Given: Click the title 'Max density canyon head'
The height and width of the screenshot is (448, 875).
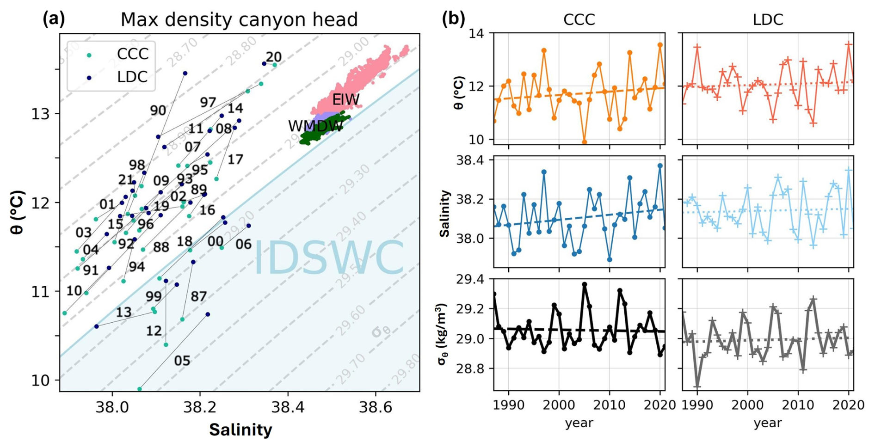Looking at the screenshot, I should [x=239, y=20].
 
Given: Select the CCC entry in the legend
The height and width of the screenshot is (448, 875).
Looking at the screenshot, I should [x=132, y=54].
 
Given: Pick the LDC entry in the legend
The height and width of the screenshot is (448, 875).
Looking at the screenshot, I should [x=132, y=77].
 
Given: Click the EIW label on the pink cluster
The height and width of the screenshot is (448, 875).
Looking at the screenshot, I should [x=345, y=100].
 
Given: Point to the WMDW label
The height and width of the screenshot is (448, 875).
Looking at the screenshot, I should [x=315, y=126].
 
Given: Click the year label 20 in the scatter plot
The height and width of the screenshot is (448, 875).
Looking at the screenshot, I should [x=273, y=57].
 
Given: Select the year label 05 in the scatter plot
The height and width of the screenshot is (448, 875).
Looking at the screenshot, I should [x=182, y=361].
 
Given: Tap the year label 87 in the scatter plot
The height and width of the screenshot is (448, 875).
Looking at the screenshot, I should [x=198, y=296].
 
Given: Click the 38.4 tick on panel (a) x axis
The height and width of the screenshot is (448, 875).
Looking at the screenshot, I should [x=288, y=407].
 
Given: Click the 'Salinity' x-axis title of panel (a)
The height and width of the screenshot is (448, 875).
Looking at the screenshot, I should [x=240, y=430].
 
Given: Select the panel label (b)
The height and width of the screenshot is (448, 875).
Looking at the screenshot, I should [x=453, y=19].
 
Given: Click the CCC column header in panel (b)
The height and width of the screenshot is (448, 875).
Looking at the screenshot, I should [x=579, y=19].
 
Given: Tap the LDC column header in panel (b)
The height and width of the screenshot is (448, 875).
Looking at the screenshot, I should [x=768, y=19].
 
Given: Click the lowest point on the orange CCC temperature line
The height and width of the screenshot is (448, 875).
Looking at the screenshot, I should [x=585, y=142].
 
